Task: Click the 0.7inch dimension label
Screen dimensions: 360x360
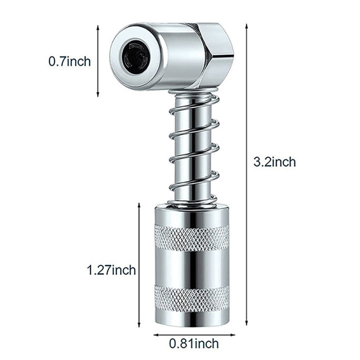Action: (69, 62)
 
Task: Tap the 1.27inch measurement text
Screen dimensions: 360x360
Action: (110, 270)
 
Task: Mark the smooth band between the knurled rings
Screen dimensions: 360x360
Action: (191, 266)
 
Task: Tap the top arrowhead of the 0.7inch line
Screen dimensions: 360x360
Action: (98, 28)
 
